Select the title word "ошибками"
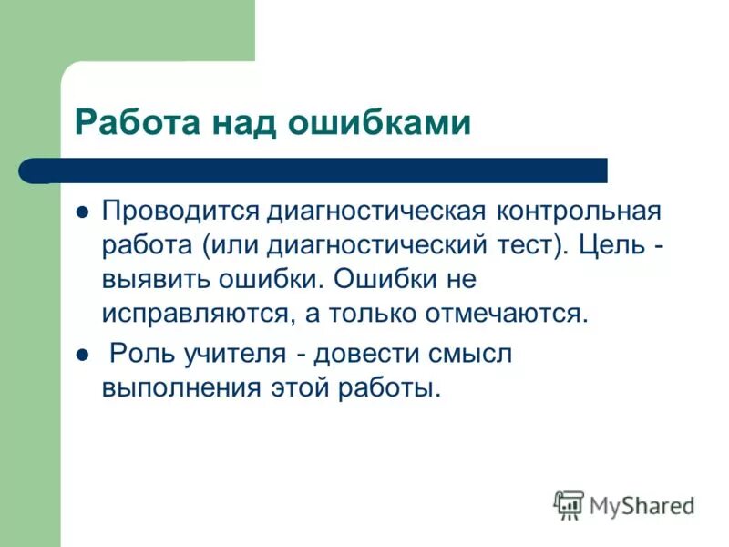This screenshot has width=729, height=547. coord(380,122)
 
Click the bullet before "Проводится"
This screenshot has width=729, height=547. coord(82,212)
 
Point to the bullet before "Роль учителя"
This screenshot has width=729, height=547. coord(82,355)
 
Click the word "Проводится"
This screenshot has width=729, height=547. coord(180,212)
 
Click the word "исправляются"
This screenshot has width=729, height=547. coord(197,313)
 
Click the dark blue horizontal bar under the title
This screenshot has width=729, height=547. coord(319,170)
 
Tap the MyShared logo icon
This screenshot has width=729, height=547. coord(568,504)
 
